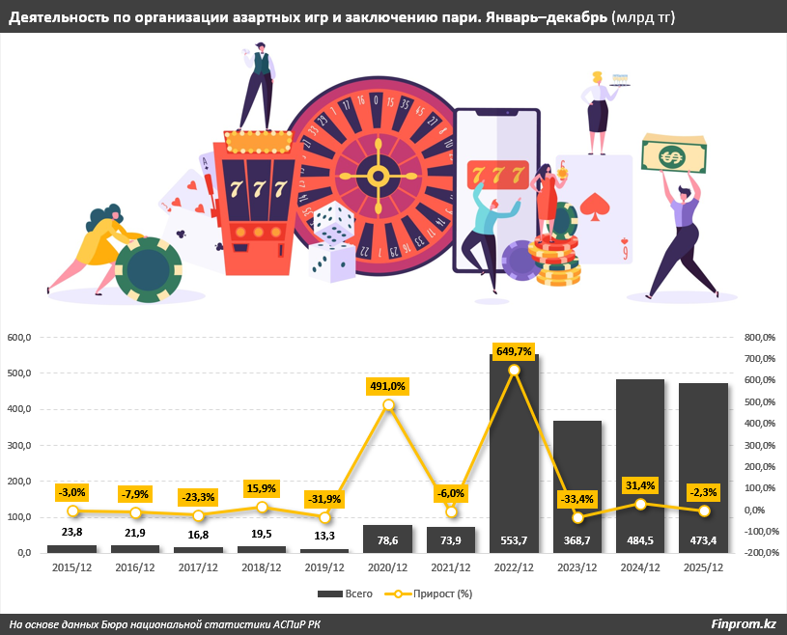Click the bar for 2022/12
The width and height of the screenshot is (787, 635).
(x=515, y=454)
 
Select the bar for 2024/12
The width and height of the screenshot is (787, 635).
(x=640, y=463)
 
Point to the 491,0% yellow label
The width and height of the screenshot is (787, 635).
(x=388, y=385)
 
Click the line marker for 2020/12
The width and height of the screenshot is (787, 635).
(x=388, y=405)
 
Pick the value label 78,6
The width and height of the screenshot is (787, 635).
(x=388, y=540)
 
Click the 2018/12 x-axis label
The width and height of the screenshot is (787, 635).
(x=262, y=567)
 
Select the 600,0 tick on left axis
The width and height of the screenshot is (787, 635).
(x=20, y=337)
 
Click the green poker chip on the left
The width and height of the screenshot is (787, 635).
(x=148, y=269)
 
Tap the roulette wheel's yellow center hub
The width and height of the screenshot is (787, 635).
(x=378, y=174)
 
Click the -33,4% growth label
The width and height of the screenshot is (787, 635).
(x=577, y=499)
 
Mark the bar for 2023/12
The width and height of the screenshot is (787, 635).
(x=577, y=483)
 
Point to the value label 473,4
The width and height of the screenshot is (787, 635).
(x=704, y=540)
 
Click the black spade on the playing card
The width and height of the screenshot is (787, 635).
(x=595, y=207)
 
